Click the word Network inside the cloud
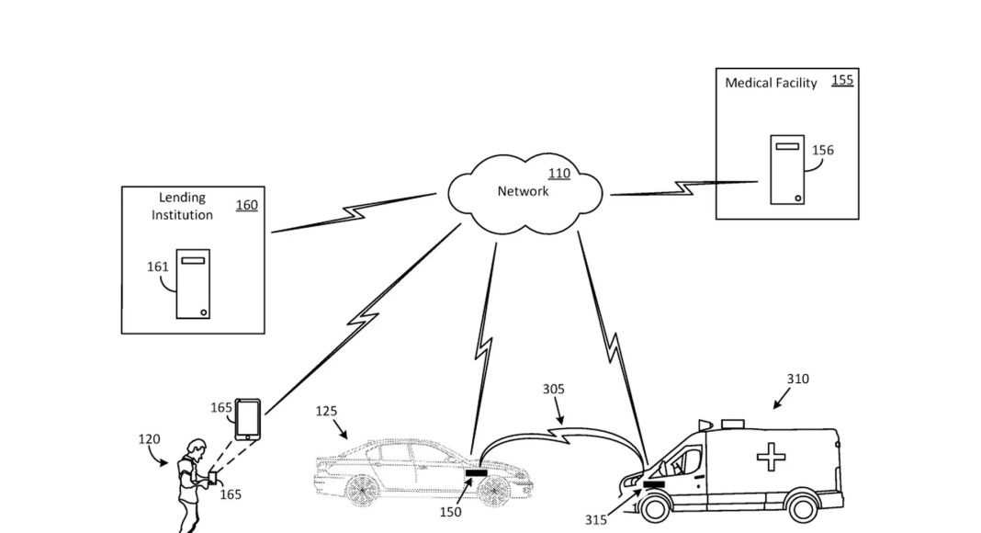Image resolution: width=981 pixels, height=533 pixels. pos(523,191)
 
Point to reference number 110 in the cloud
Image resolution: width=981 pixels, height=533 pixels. pos(558,174)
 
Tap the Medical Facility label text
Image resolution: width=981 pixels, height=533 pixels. pos(771,83)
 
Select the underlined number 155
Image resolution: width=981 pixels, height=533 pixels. pos(841,80)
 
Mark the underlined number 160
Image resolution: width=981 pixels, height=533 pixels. pos(247,205)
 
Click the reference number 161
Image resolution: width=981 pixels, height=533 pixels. pos(158,267)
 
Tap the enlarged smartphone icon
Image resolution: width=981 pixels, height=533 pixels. pos(248,419)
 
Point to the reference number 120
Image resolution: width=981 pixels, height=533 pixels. pos(149,439)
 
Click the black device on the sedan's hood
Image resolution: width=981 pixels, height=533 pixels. pos(476,474)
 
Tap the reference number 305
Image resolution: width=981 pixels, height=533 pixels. pos(554,389)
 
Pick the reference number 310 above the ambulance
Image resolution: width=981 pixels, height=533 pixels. pos(798,378)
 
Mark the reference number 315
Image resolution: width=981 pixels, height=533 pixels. pos(595,520)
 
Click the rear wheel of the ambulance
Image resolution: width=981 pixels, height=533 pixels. pos(805,504)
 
